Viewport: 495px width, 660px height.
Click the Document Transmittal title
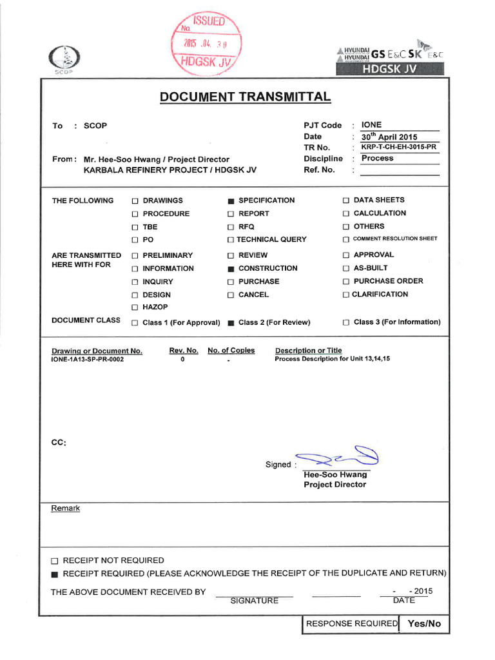[x=246, y=97]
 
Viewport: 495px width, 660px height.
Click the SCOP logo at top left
[x=63, y=61]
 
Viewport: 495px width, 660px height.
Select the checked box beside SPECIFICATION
[x=231, y=201]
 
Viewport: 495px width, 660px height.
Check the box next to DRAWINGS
[x=135, y=201]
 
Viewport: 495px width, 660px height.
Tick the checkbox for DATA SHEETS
[x=346, y=200]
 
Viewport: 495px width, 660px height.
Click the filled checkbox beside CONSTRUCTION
[x=231, y=269]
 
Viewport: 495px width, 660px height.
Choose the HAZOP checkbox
[x=135, y=307]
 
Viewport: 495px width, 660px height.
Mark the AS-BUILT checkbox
[x=346, y=268]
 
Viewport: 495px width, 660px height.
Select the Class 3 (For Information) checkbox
[x=346, y=322]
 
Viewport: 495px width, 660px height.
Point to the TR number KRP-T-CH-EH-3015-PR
[x=399, y=147]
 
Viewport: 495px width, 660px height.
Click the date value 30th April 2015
[x=389, y=137]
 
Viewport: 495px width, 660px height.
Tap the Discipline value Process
[x=378, y=158]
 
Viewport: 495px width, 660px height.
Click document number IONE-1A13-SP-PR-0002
[x=88, y=359]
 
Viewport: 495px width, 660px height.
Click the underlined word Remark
[x=66, y=508]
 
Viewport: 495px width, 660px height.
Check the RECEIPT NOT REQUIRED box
[x=55, y=561]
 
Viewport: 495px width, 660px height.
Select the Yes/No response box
[x=424, y=623]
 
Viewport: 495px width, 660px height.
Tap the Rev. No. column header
[x=183, y=351]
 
